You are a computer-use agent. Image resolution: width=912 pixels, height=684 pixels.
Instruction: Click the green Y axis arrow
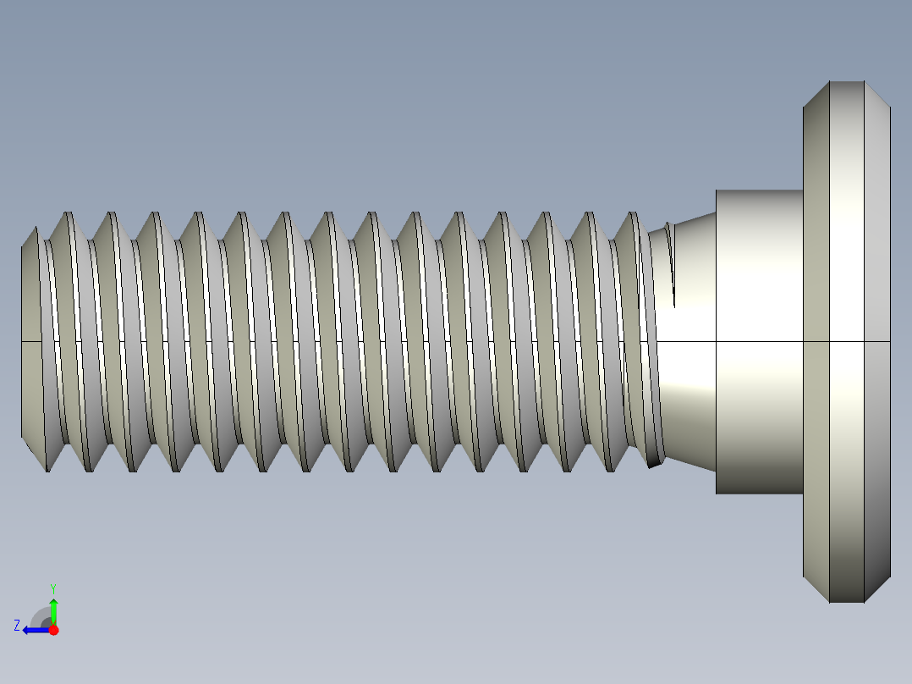pyautogui.click(x=53, y=609)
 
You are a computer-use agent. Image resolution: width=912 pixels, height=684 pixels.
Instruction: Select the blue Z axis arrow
pyautogui.click(x=33, y=630)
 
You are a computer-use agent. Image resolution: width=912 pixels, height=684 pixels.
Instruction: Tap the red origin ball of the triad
pyautogui.click(x=53, y=630)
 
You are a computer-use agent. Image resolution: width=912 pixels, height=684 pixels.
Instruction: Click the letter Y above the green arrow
pyautogui.click(x=53, y=587)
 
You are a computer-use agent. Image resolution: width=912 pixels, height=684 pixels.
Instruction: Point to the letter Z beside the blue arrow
pyautogui.click(x=17, y=626)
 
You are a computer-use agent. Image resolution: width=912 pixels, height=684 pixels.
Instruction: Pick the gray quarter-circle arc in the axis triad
pyautogui.click(x=40, y=616)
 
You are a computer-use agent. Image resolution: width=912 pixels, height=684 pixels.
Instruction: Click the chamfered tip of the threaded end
pyautogui.click(x=30, y=339)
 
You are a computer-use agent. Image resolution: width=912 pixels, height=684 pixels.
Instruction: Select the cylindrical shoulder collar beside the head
pyautogui.click(x=759, y=279)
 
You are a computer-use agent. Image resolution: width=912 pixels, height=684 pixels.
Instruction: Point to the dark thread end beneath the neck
pyautogui.click(x=653, y=462)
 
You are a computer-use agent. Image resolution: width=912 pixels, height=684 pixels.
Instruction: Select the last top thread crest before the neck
pyautogui.click(x=634, y=214)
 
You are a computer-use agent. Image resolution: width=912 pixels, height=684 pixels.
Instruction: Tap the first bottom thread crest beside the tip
pyautogui.click(x=47, y=468)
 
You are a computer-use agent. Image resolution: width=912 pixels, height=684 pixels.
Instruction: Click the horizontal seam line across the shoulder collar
pyautogui.click(x=759, y=341)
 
